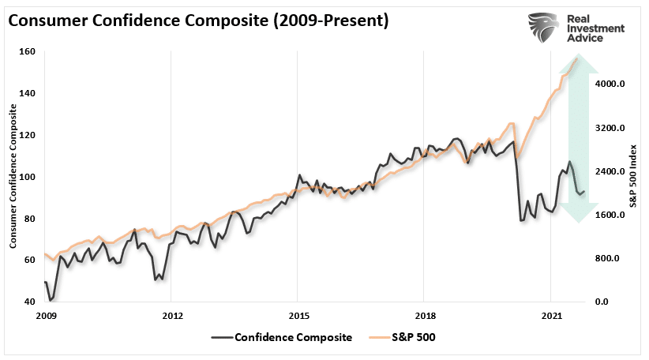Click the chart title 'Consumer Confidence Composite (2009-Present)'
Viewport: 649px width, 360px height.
coord(198,21)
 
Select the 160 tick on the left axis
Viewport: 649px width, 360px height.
coord(28,52)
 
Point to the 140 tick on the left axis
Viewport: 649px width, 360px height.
coord(28,93)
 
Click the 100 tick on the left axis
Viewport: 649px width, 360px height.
coord(28,177)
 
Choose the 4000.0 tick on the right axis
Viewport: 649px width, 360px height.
coord(610,84)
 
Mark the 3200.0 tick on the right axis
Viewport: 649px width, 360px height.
coord(610,128)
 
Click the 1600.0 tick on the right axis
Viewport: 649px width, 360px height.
coord(610,215)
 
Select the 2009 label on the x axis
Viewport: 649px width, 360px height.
coord(46,316)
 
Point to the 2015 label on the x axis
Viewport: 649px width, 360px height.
coord(297,316)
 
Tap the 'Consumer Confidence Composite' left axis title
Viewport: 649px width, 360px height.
coord(13,178)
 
